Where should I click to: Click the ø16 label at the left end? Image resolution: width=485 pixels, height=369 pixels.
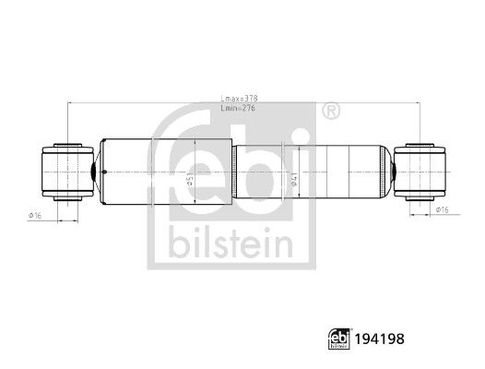point(37,215)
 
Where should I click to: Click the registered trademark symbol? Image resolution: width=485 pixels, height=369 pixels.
point(329,111)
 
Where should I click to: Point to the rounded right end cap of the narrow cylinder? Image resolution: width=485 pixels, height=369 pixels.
point(383,171)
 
